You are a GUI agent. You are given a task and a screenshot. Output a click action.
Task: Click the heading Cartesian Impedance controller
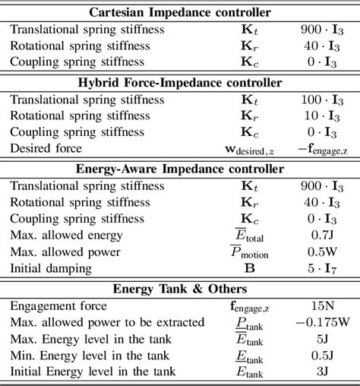(180, 12)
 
